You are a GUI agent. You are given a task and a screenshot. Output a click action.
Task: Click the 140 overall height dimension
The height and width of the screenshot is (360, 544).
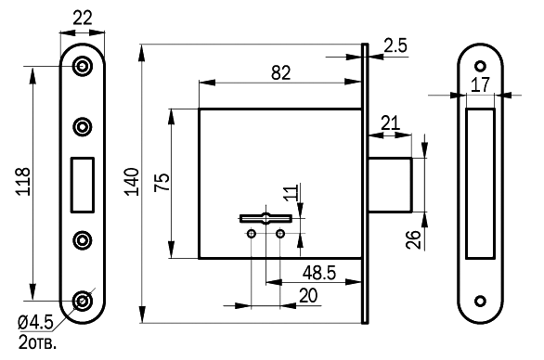point(132,182)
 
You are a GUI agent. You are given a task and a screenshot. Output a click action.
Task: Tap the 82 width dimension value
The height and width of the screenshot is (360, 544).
point(280,72)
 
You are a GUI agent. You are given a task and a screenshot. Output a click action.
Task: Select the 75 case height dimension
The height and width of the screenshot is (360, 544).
point(162,182)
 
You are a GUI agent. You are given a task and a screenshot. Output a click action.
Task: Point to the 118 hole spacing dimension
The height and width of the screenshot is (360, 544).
point(23,182)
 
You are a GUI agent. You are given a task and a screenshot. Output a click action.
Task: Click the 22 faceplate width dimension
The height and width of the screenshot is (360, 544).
point(83,18)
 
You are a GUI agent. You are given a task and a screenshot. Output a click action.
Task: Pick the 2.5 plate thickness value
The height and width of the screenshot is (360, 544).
point(395,45)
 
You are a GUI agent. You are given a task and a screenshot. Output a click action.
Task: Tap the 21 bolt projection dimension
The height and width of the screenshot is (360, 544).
point(390,123)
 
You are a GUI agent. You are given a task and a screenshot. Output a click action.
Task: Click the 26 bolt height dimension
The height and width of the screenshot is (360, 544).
point(413,239)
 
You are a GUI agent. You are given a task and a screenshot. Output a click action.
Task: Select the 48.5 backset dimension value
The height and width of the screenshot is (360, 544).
point(319,273)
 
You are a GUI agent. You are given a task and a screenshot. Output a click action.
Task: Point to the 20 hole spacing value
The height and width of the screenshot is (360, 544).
point(307,296)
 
